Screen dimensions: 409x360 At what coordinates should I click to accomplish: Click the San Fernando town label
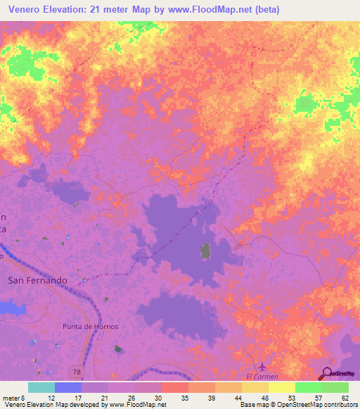pos(37,280)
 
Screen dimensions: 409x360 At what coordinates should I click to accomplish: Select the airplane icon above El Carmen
pos(262,367)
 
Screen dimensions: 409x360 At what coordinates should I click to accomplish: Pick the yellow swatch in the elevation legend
pos(281,387)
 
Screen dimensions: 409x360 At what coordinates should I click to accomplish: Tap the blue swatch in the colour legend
pos(68,387)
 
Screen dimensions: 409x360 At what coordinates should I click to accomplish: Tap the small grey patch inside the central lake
pos(206,250)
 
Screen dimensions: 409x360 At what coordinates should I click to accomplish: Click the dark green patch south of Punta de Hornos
pos(118,348)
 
